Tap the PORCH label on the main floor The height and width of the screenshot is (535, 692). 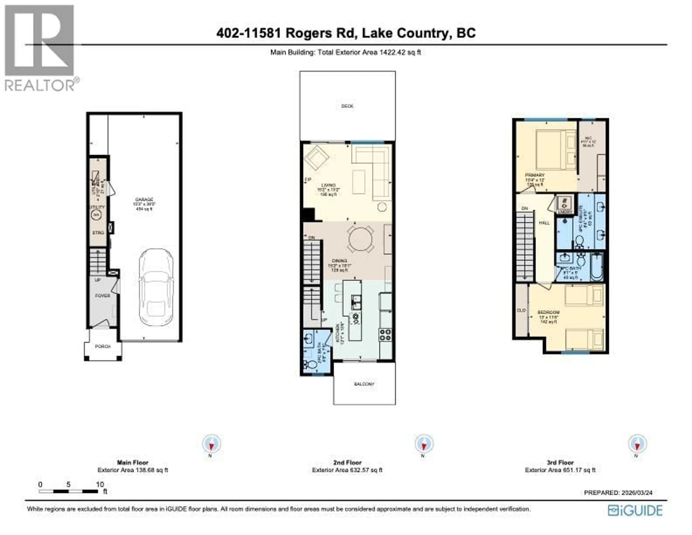coord(103,346)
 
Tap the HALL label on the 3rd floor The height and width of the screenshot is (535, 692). coord(544,223)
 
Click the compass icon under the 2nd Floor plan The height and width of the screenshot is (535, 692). coord(424,444)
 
